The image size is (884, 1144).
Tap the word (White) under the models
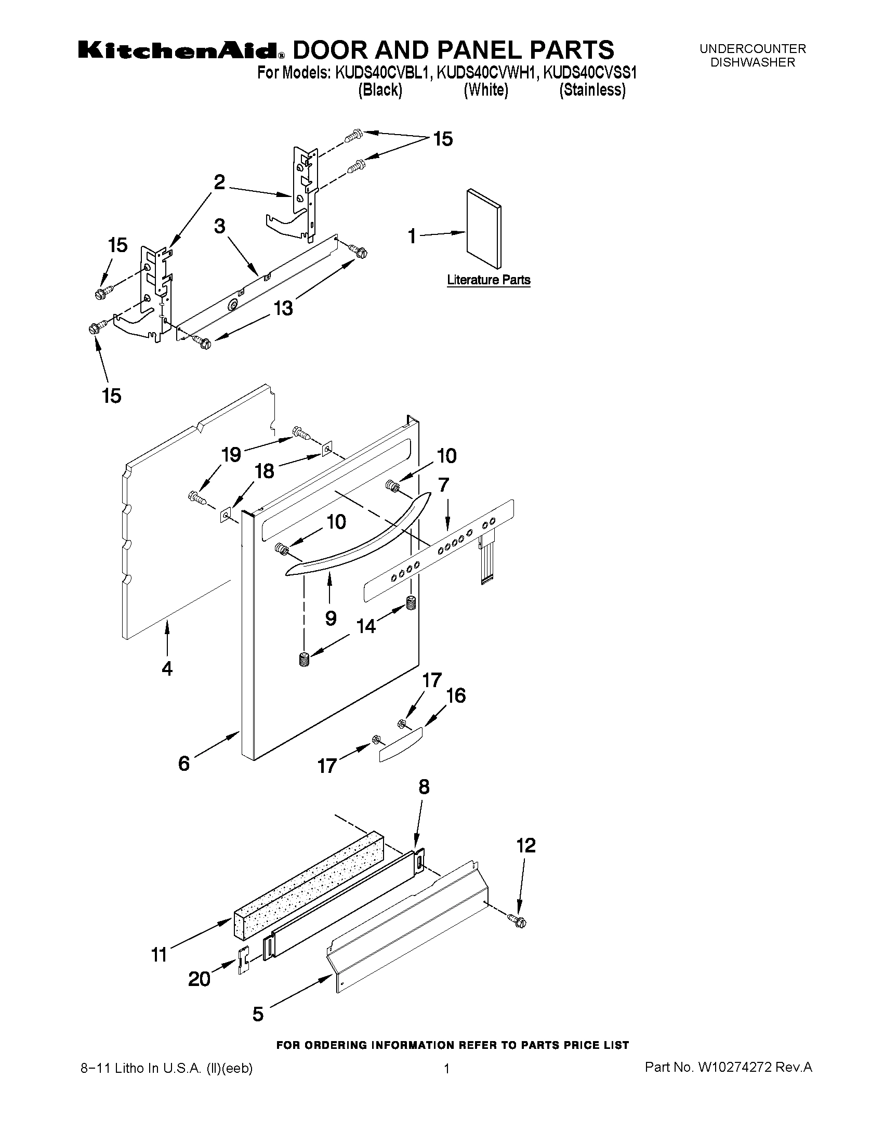[x=485, y=90]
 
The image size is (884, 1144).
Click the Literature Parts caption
[x=488, y=280]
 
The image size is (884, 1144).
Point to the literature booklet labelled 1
[x=483, y=228]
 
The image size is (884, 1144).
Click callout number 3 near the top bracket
[x=219, y=226]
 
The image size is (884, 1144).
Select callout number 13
[x=283, y=308]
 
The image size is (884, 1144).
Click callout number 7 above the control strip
[x=444, y=485]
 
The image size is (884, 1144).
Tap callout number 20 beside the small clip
[x=200, y=979]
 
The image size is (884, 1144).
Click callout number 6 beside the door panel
[x=184, y=764]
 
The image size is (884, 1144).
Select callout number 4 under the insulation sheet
[x=166, y=669]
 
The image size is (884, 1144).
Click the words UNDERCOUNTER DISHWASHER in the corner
[x=753, y=56]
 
